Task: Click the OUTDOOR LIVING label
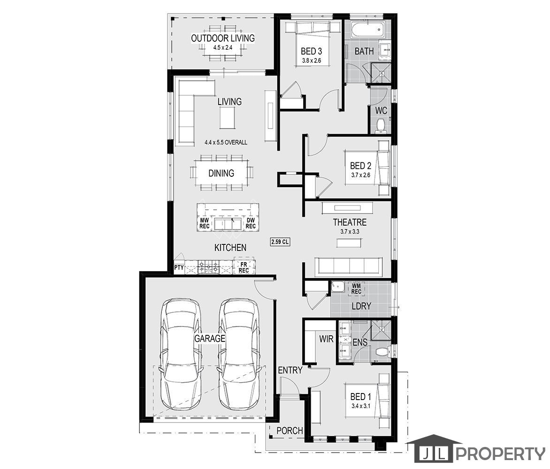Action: tap(223, 38)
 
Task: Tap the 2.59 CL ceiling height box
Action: tap(280, 242)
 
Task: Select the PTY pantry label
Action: tap(179, 267)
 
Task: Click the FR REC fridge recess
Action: tap(244, 267)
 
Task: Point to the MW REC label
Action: tap(205, 223)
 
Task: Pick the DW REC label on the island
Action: tap(251, 223)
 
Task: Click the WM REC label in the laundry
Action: tap(356, 289)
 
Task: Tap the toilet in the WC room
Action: tap(381, 126)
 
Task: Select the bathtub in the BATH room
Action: tap(368, 30)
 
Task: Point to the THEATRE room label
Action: tap(350, 222)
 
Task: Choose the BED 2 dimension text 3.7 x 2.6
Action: tap(360, 175)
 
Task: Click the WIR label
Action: tap(326, 339)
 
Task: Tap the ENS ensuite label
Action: tap(360, 342)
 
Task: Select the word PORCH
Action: tap(290, 431)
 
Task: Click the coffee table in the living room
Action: tap(228, 118)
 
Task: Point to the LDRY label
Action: tap(361, 306)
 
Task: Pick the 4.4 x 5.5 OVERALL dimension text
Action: tap(226, 142)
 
